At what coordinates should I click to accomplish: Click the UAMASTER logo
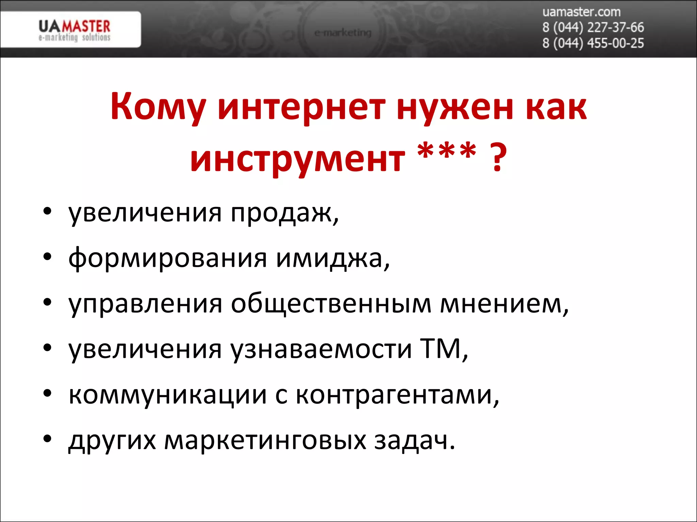pyautogui.click(x=74, y=30)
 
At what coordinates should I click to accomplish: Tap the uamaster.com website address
pyautogui.click(x=581, y=12)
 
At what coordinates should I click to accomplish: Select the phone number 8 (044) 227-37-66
pyautogui.click(x=593, y=28)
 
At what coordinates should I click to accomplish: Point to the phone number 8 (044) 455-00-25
pyautogui.click(x=593, y=43)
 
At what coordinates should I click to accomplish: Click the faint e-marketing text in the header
pyautogui.click(x=343, y=33)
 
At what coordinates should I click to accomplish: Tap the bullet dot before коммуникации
pyautogui.click(x=47, y=393)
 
